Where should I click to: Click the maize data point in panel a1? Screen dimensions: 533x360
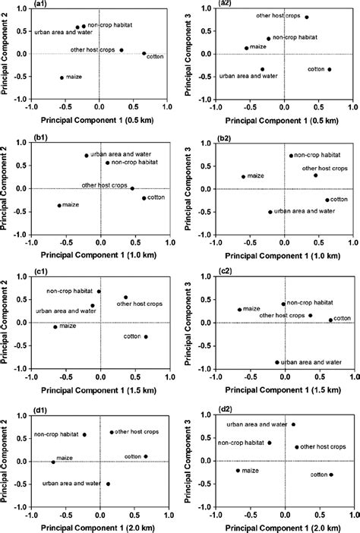point(62,77)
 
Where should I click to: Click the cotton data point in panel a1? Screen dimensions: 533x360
point(144,53)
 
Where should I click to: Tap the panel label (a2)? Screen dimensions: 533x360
point(227,7)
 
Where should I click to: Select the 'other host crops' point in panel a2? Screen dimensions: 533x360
point(307,17)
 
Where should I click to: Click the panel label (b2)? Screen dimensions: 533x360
point(228,140)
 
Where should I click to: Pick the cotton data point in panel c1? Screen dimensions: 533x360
point(146,336)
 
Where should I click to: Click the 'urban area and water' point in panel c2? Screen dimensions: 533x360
point(277,362)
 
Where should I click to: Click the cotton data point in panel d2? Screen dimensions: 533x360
point(331,475)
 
